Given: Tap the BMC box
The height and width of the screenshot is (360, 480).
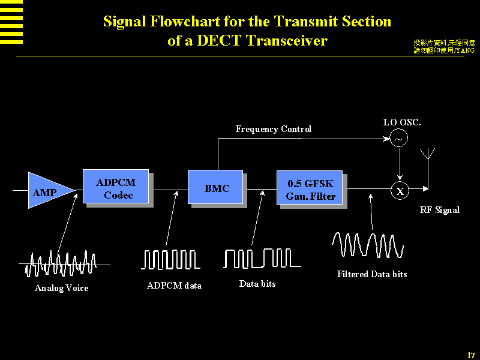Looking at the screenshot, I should point(217,188).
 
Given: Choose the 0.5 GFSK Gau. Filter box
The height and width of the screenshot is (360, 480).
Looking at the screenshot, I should point(310,188).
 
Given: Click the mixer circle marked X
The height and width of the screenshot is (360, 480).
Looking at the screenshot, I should point(400,191).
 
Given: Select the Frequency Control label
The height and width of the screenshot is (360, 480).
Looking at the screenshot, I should point(273,129).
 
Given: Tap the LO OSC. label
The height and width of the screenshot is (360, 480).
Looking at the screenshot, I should point(402,122).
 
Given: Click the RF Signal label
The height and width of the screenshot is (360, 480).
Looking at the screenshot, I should point(439,210).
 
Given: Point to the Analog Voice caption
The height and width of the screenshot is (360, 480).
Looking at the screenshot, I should point(61,288).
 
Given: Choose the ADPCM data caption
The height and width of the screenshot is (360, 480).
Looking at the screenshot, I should point(174,286).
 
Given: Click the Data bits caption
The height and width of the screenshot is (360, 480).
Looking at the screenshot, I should point(257,284).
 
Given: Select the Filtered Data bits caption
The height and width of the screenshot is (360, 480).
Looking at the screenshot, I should point(372,274).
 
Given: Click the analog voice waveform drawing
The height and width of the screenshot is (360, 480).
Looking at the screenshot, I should point(61,263).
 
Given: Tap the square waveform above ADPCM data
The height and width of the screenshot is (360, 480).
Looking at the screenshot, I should point(170,259).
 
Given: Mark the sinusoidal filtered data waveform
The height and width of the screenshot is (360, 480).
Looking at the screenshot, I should point(368,245).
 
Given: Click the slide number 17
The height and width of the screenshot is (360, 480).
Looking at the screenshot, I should point(471,355).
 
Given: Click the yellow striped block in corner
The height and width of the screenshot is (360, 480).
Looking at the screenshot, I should point(11,22).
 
